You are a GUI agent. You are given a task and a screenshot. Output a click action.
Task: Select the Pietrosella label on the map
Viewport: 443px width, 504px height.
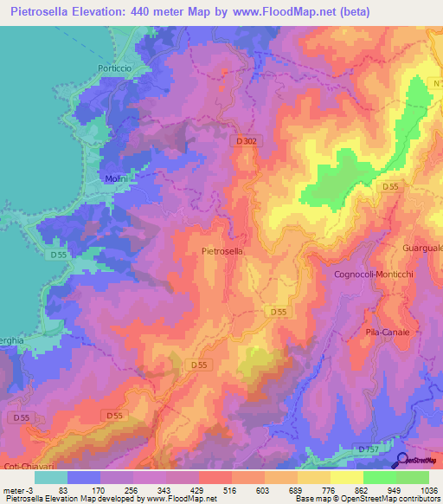coord(221,251)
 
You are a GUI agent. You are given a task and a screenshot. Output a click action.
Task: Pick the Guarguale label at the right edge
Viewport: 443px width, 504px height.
coord(422,249)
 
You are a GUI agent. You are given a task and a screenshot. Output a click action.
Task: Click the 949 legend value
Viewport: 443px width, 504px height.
coord(380,489)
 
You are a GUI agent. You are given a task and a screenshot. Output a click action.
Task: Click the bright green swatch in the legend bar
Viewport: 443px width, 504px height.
coord(380,477)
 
